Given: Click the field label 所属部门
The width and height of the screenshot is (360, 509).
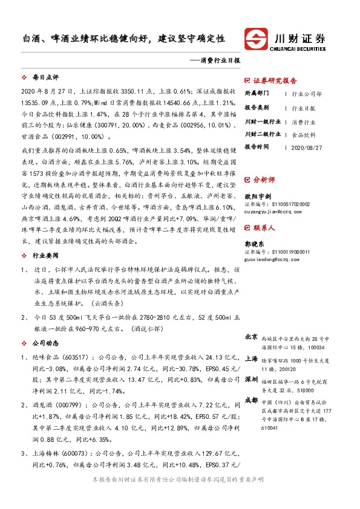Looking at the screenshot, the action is [x=258, y=94].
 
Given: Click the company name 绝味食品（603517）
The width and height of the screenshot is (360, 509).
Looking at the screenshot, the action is [x=51, y=357].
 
